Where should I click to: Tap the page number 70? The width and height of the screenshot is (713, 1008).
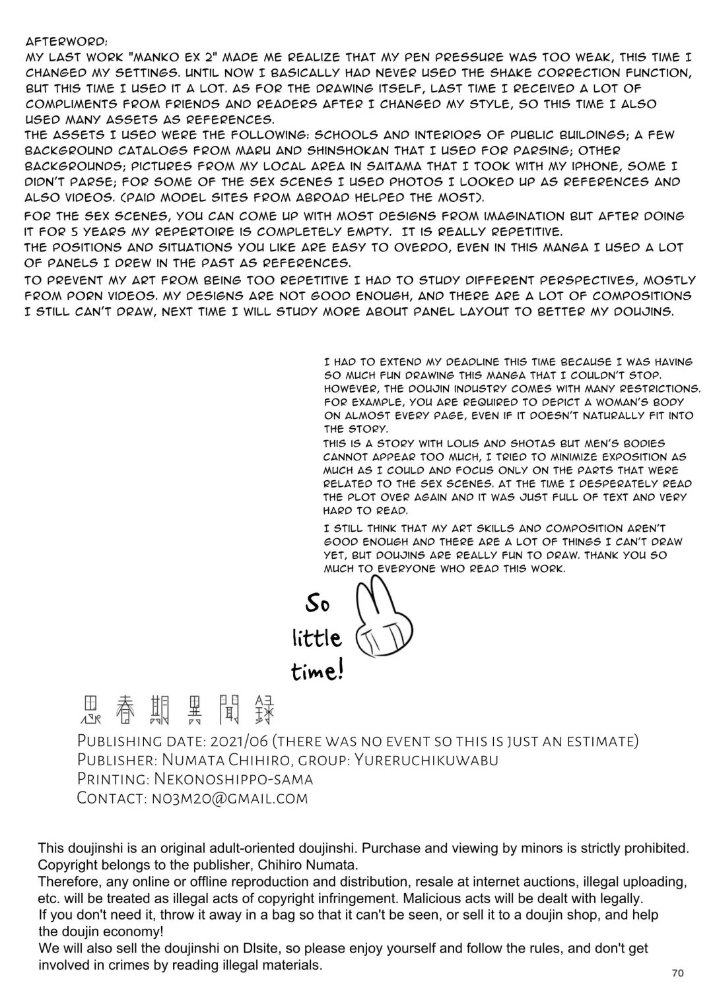coord(677,973)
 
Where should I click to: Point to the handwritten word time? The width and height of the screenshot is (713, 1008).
coord(318,672)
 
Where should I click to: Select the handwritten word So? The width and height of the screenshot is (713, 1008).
coord(318,603)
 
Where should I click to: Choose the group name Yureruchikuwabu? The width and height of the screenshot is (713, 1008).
coord(426,759)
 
